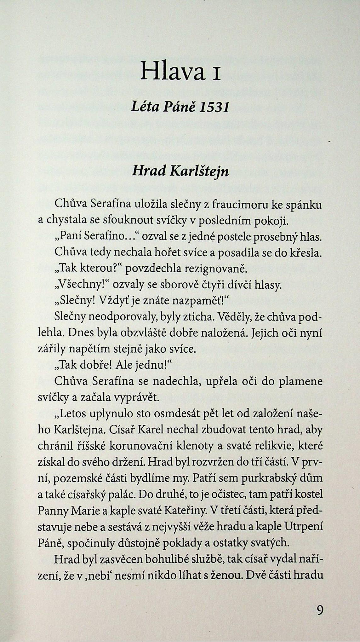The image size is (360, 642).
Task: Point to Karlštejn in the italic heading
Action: click(x=199, y=171)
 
